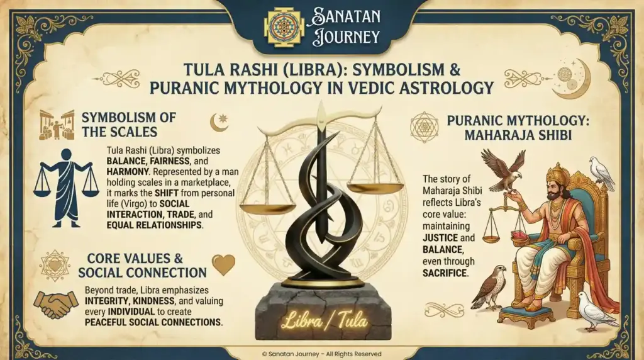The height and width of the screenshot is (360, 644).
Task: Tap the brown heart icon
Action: click(223, 265)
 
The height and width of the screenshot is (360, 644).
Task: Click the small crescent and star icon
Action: click(219, 121)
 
